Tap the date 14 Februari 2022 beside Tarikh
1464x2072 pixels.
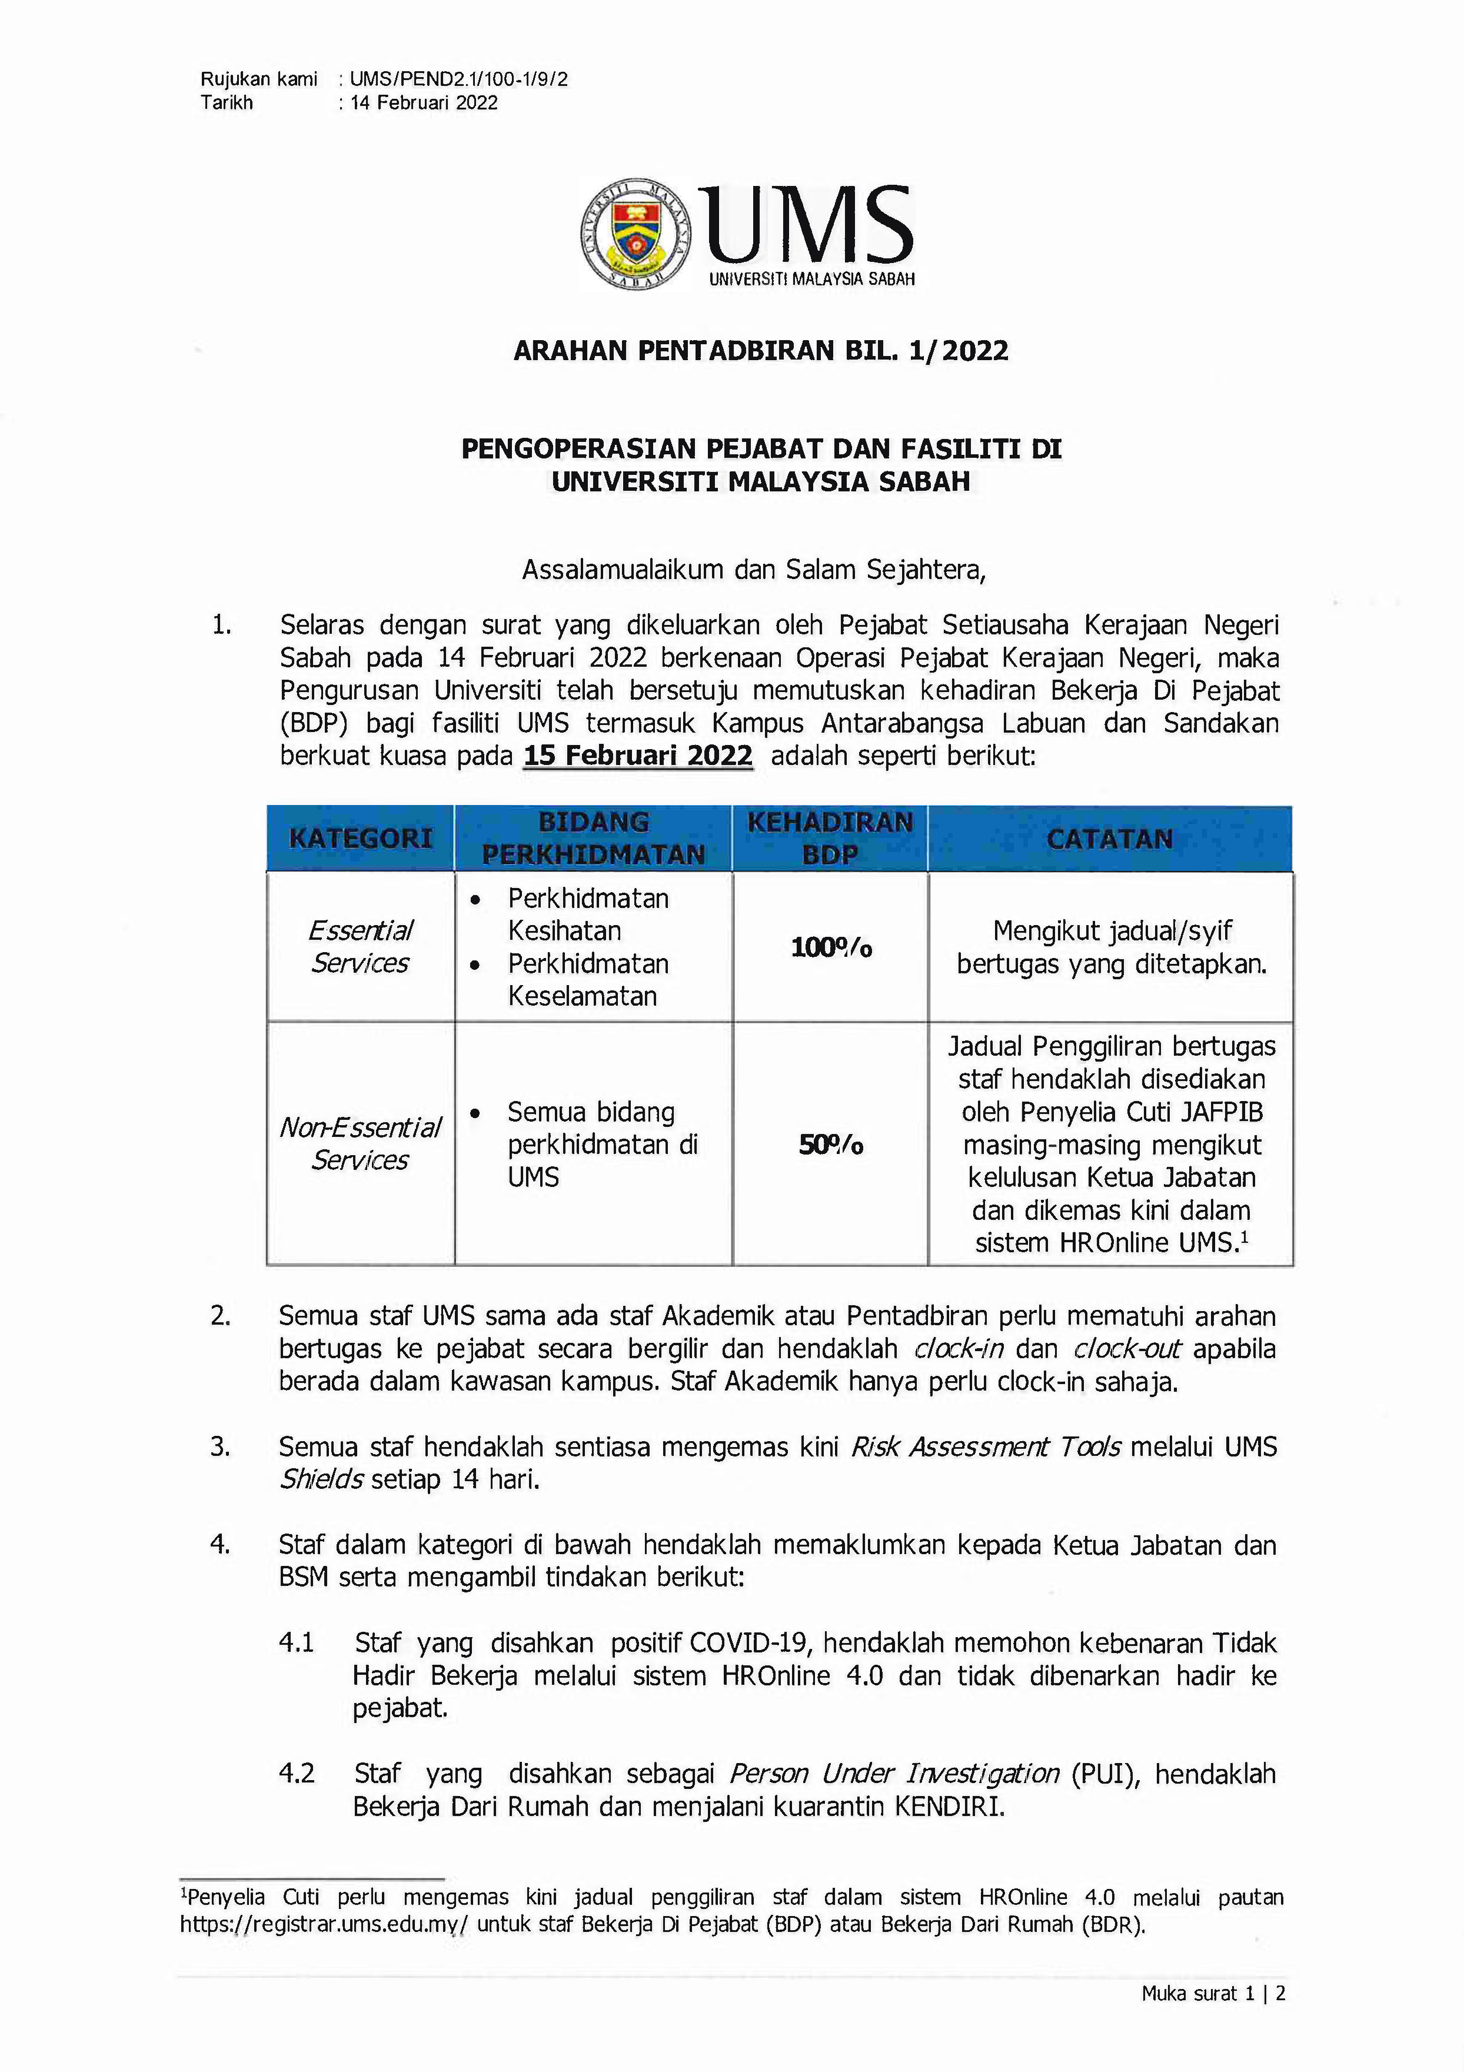(424, 103)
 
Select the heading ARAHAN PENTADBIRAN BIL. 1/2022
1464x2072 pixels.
(760, 351)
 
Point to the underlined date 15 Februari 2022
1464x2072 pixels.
(637, 756)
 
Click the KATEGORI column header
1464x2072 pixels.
(360, 839)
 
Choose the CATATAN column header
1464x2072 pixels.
(1109, 839)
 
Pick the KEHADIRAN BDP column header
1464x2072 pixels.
(830, 839)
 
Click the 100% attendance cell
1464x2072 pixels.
(830, 947)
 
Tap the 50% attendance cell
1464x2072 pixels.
(830, 1145)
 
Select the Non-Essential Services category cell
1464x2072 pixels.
(360, 1143)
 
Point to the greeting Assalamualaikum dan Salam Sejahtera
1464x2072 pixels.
(754, 570)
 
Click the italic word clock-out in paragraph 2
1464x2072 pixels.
(1126, 1349)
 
